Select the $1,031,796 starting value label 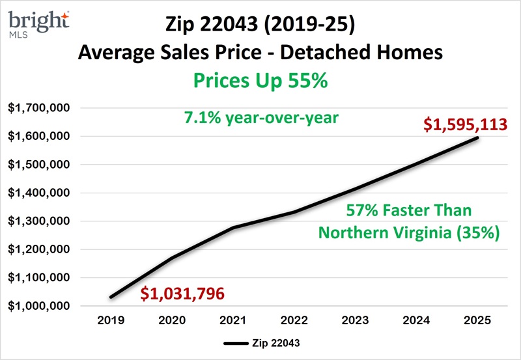pos(183,294)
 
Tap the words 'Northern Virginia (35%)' pos(409,233)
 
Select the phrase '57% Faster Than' pos(408,211)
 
